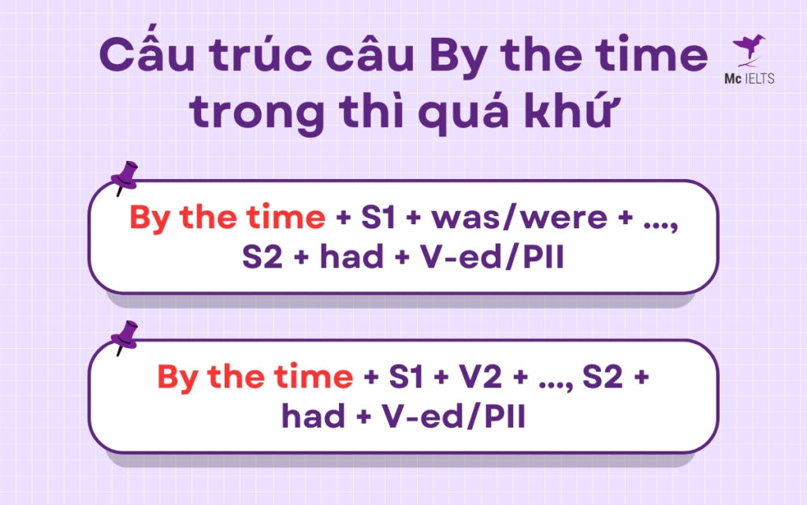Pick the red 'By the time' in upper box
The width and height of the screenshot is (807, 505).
click(x=227, y=219)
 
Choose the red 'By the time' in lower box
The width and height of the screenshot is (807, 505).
click(x=255, y=377)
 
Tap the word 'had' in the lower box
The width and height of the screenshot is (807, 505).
click(x=314, y=417)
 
